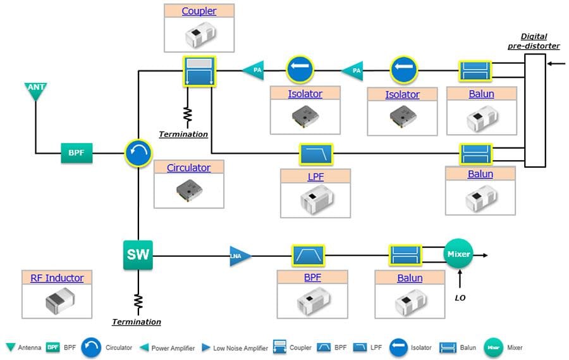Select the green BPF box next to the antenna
pos(76,153)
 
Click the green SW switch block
pos(138,255)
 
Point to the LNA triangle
pos(240,256)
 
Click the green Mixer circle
pos(458,254)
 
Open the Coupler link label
pos(199,11)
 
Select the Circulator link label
pos(188,168)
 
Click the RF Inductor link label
pos(57,278)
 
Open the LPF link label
pos(315,177)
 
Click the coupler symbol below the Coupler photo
pos(199,71)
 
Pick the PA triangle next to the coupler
pos(254,70)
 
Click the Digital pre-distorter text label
pos(534,41)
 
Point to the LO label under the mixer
pos(460,297)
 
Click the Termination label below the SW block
pos(137,322)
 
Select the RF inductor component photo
pos(57,301)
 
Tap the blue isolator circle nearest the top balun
pos(403,70)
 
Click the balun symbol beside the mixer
pos(405,256)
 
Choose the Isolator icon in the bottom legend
pos(398,347)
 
